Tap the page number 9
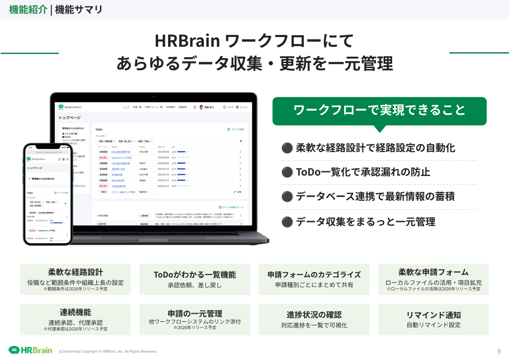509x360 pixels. [x=499, y=351]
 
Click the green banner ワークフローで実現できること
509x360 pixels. [x=379, y=110]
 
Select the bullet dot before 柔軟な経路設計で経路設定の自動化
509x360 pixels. [x=287, y=148]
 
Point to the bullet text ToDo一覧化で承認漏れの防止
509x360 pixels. [x=363, y=172]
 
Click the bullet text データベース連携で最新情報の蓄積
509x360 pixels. [x=375, y=197]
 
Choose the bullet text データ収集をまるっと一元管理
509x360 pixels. [x=366, y=222]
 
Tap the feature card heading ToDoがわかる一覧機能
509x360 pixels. [x=195, y=275]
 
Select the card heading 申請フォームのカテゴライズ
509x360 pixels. [x=314, y=275]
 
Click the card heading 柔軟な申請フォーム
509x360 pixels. [x=433, y=272]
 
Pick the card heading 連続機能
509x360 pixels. [x=75, y=312]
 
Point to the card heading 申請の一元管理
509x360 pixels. [x=195, y=313]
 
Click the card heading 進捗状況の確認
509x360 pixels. [x=314, y=315]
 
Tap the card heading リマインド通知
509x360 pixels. [x=433, y=315]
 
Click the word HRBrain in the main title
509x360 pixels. [x=188, y=41]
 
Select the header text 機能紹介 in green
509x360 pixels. [x=28, y=10]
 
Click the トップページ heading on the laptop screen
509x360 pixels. [x=69, y=118]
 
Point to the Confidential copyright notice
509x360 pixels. [x=108, y=351]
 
